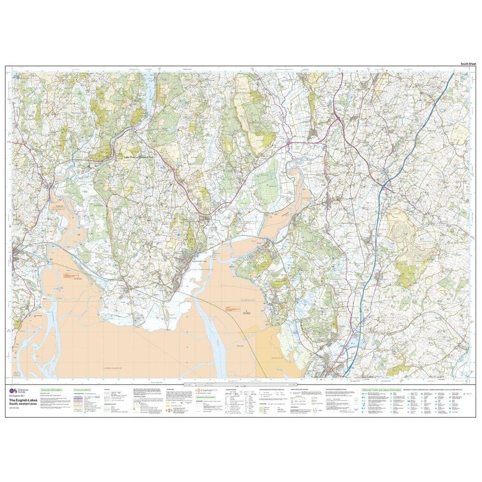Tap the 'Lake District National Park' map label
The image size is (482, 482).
click(x=141, y=157)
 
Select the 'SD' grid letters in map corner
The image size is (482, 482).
click(x=18, y=374)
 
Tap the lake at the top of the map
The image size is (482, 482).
click(x=150, y=89)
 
